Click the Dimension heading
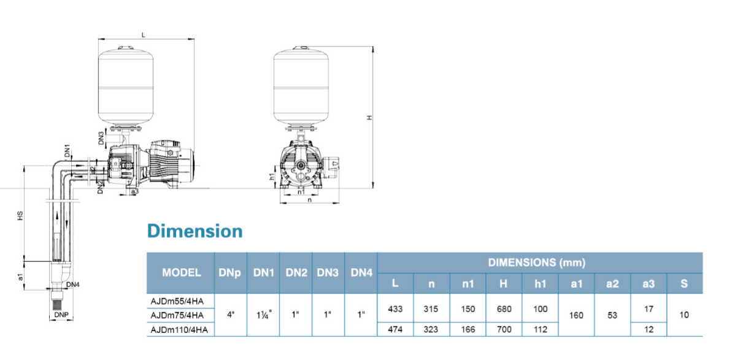click(x=195, y=231)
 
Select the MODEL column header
click(x=182, y=272)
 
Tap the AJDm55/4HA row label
click(x=177, y=301)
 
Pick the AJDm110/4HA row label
click(x=179, y=330)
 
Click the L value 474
click(x=395, y=330)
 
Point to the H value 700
click(x=504, y=330)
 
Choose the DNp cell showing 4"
click(x=231, y=315)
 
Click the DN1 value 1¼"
click(x=264, y=315)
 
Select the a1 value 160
click(x=577, y=315)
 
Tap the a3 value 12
click(x=649, y=330)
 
